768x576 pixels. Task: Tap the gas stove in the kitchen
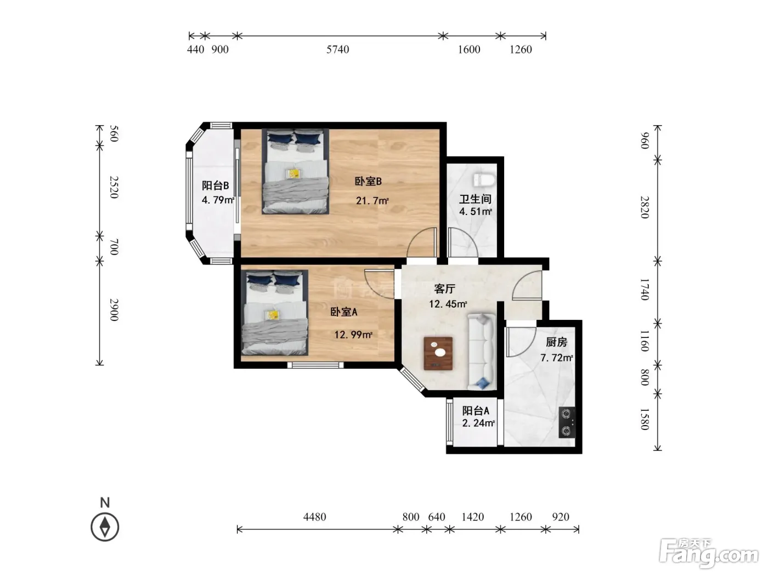pyautogui.click(x=567, y=422)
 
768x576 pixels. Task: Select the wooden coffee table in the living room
pyautogui.click(x=438, y=353)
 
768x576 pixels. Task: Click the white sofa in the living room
pyautogui.click(x=482, y=352)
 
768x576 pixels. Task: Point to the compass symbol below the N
pyautogui.click(x=105, y=527)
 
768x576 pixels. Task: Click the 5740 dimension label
pyautogui.click(x=337, y=49)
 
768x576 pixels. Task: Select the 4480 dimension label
pyautogui.click(x=314, y=517)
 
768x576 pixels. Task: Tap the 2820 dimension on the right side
pyautogui.click(x=645, y=207)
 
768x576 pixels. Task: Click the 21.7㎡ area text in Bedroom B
pyautogui.click(x=372, y=201)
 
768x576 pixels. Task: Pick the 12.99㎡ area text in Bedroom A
pyautogui.click(x=353, y=335)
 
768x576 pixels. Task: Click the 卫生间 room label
pyautogui.click(x=476, y=199)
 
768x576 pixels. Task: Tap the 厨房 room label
pyautogui.click(x=557, y=342)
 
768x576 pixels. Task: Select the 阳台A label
pyautogui.click(x=476, y=410)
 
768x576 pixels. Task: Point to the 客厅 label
pyautogui.click(x=445, y=289)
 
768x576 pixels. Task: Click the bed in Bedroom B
pyautogui.click(x=296, y=171)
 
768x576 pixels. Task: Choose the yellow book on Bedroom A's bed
pyautogui.click(x=273, y=315)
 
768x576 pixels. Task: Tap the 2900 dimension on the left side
pyautogui.click(x=114, y=310)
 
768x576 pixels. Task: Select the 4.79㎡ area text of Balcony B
pyautogui.click(x=218, y=200)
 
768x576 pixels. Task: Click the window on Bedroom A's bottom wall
pyautogui.click(x=315, y=365)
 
